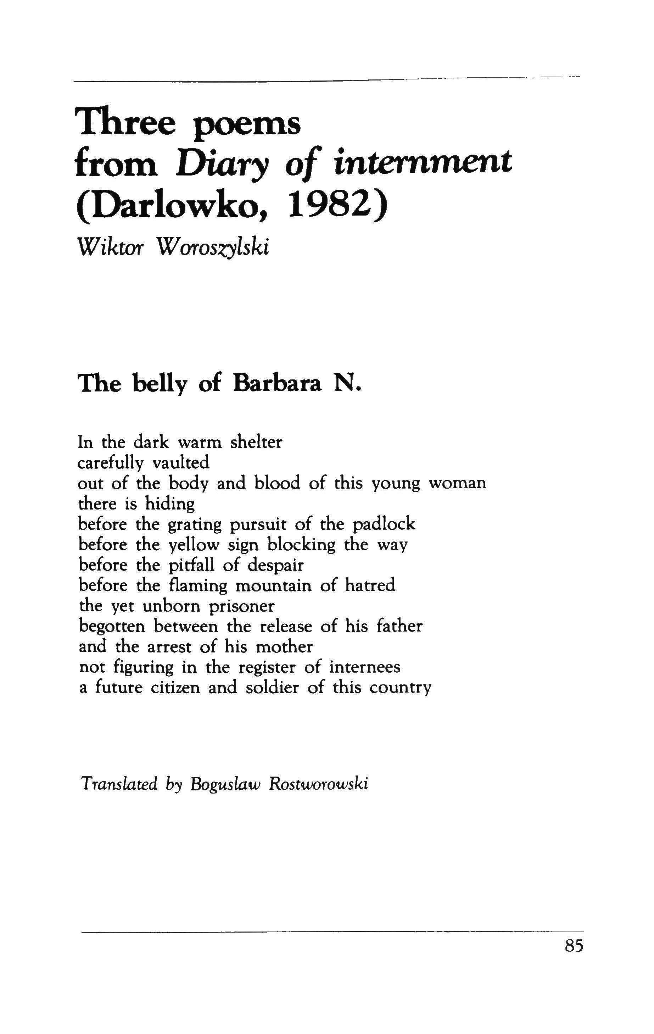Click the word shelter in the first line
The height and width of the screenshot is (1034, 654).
click(x=256, y=442)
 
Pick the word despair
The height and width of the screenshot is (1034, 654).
click(x=275, y=566)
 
